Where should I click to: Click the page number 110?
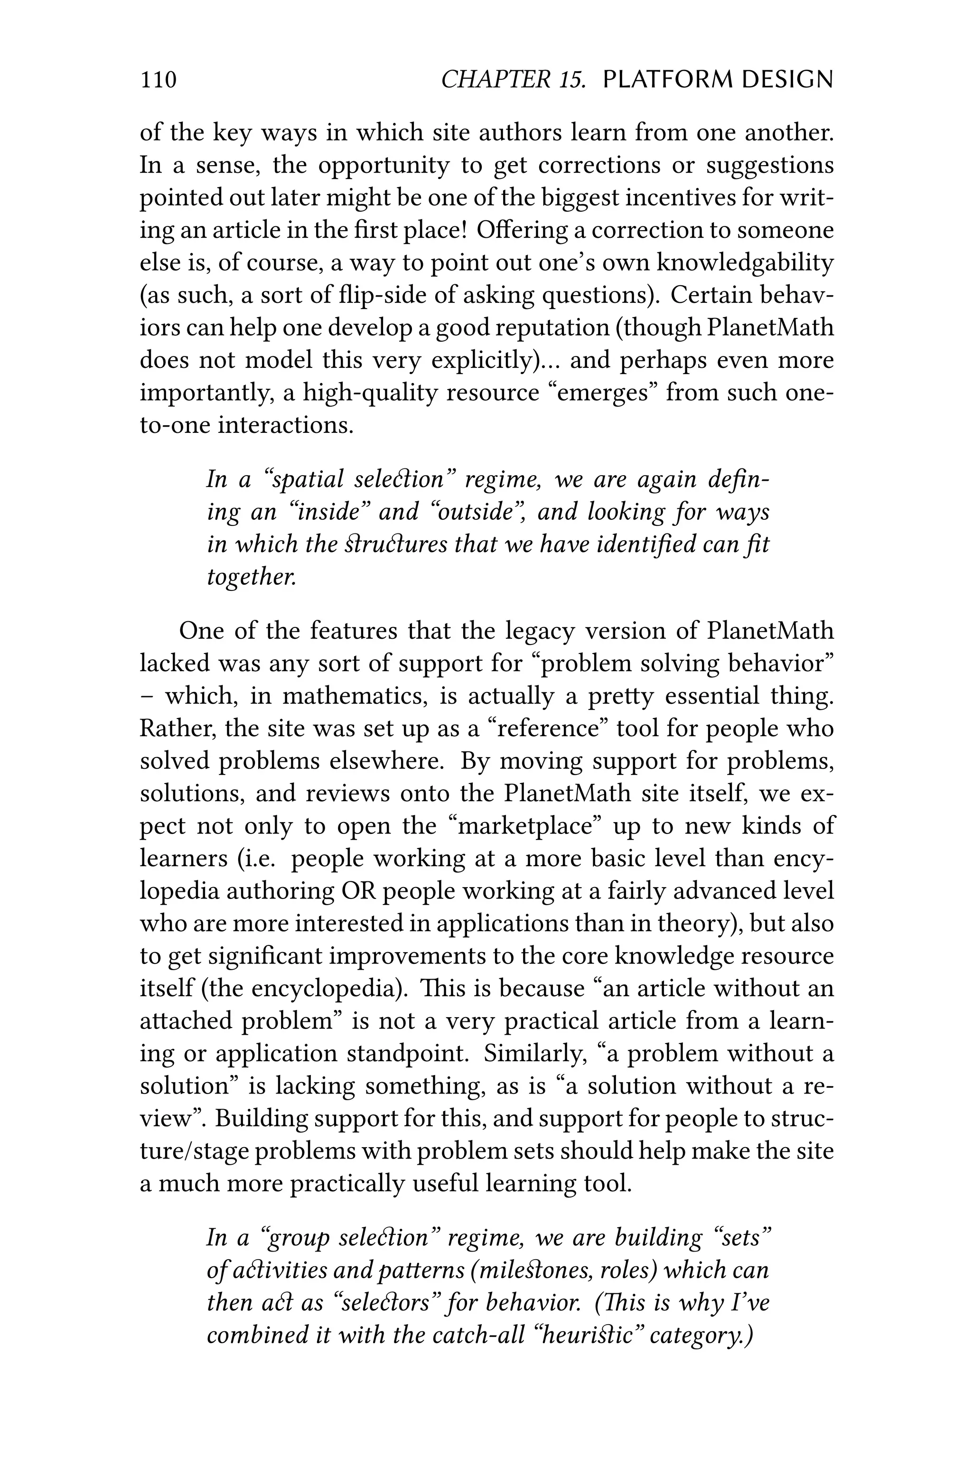(x=159, y=80)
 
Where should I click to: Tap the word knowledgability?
(x=745, y=263)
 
